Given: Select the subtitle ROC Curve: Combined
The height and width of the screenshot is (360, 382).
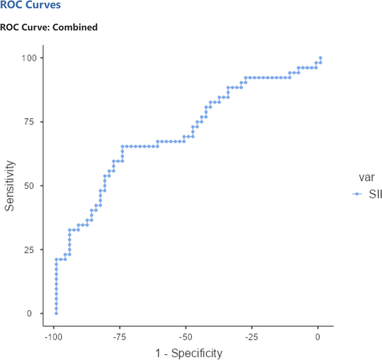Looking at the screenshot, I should click(x=49, y=27).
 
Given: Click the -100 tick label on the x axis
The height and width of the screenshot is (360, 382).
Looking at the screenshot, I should click(x=54, y=337).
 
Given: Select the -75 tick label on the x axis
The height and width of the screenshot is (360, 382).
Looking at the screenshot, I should click(x=120, y=337).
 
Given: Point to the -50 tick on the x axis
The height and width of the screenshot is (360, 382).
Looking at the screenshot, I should click(x=186, y=337).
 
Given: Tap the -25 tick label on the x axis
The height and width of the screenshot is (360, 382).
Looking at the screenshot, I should click(x=252, y=337).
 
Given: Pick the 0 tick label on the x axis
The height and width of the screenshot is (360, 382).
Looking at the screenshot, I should click(x=318, y=337).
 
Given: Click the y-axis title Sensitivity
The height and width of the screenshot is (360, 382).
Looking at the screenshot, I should click(x=9, y=186).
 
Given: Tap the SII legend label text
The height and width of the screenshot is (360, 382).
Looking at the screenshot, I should click(x=368, y=194).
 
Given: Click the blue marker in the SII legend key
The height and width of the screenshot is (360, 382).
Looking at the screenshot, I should click(x=355, y=194).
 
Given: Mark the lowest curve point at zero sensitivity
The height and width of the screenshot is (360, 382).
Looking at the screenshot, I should click(x=56, y=313).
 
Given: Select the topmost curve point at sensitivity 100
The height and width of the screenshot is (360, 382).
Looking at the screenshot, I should click(x=320, y=57).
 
